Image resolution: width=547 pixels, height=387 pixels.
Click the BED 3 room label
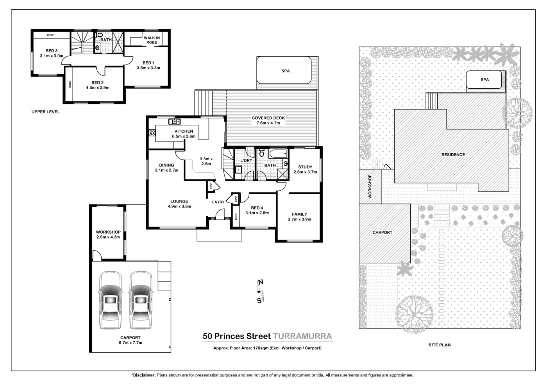click(52, 51)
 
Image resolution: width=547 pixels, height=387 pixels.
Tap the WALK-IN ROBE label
click(152, 40)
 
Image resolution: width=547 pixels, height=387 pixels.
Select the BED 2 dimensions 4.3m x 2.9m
click(98, 88)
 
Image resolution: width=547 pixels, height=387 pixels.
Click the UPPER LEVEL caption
click(46, 112)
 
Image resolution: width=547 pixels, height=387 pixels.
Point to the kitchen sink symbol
click(174, 122)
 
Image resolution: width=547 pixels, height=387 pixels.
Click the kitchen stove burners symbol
click(152, 133)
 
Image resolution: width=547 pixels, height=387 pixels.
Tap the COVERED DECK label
click(268, 118)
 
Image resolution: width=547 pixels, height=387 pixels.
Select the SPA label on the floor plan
click(286, 71)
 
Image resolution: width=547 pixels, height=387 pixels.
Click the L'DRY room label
click(246, 161)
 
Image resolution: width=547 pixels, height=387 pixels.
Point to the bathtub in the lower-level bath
click(278, 154)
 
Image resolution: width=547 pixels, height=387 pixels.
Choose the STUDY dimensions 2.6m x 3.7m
click(305, 172)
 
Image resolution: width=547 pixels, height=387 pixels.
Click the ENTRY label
click(218, 202)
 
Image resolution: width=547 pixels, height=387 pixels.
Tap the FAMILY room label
click(299, 214)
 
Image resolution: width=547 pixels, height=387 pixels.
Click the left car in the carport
click(110, 300)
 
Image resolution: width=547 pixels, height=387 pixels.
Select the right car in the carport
click(141, 300)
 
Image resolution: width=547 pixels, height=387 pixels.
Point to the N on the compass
click(261, 282)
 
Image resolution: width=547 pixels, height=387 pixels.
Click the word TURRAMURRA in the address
click(302, 336)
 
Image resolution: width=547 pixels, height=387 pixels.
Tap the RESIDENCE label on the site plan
click(453, 155)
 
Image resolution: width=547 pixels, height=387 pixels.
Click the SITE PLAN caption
click(440, 345)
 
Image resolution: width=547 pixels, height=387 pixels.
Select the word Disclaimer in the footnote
click(144, 375)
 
